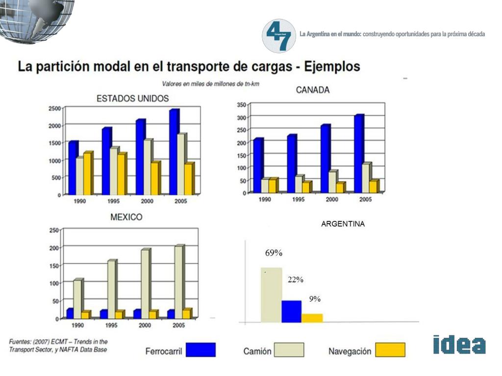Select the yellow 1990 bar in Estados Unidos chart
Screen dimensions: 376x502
click(x=87, y=174)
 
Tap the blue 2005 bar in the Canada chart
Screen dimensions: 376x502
click(x=359, y=154)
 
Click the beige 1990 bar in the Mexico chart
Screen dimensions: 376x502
click(x=77, y=299)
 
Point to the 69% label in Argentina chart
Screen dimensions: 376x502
click(x=274, y=253)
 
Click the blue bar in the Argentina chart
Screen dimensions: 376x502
click(x=291, y=311)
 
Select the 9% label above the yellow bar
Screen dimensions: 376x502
click(x=315, y=299)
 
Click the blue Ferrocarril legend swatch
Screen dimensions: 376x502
click(x=201, y=350)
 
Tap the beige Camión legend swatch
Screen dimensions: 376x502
click(x=289, y=350)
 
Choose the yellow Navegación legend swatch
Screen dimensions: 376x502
click(x=390, y=350)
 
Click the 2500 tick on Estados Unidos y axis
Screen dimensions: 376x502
click(x=55, y=108)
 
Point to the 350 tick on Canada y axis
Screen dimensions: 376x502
click(x=241, y=105)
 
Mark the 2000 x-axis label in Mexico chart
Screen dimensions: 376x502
click(x=145, y=326)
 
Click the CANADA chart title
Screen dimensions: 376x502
click(x=313, y=90)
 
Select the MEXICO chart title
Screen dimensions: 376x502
click(x=126, y=216)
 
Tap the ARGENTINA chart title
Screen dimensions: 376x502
click(x=343, y=224)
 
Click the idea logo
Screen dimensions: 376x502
click(x=459, y=344)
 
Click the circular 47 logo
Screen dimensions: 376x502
click(x=279, y=36)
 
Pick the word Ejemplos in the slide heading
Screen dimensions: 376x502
click(x=332, y=66)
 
